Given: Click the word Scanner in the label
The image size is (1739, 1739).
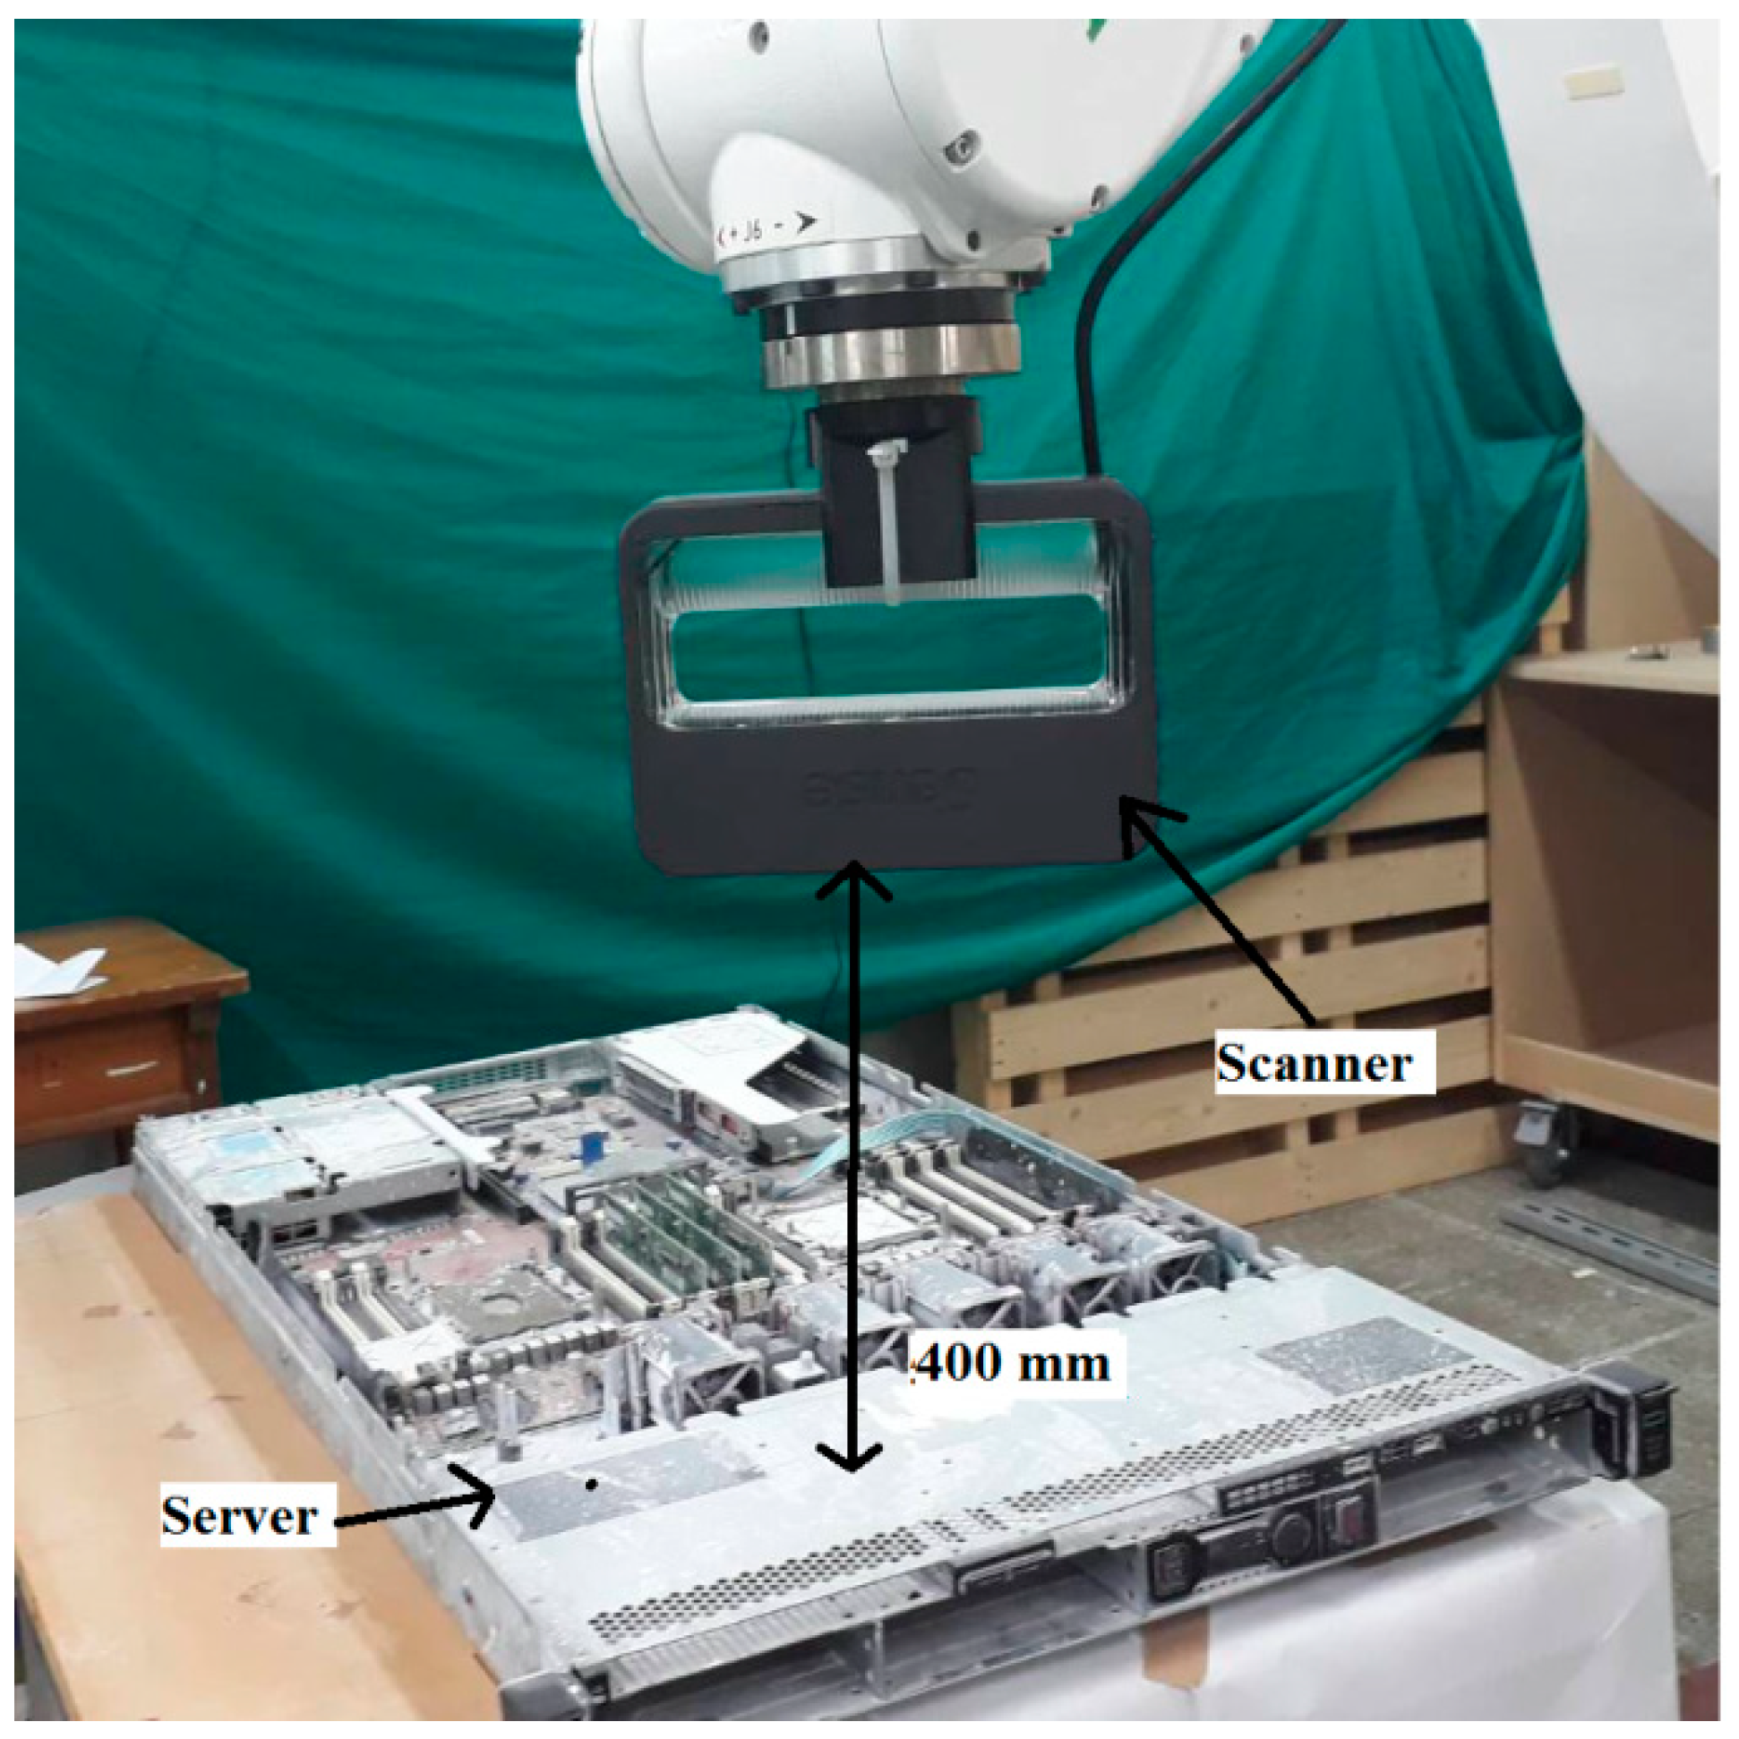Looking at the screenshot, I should coord(1314,1065).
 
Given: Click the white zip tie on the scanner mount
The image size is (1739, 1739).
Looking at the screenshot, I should coord(886,522).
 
